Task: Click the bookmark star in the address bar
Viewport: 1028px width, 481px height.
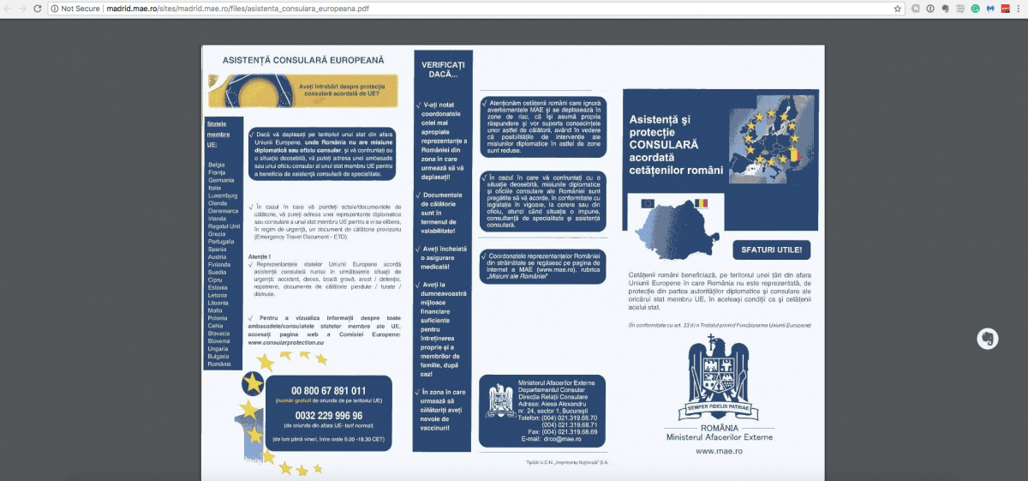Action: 898,9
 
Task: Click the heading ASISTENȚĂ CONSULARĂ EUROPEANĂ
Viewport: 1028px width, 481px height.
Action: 303,61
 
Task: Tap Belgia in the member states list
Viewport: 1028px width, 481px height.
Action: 217,165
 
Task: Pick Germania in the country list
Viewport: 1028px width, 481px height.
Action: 221,180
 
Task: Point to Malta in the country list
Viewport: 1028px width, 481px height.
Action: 216,310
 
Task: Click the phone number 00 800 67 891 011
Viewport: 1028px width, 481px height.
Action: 328,391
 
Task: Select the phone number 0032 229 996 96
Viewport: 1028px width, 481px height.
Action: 328,415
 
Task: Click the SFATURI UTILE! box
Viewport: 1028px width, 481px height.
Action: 771,250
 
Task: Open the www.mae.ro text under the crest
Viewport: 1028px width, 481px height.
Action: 719,450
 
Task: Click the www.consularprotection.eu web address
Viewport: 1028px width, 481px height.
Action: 286,342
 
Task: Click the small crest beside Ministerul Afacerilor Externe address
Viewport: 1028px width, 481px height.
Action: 499,400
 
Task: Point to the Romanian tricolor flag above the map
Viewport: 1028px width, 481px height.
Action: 702,203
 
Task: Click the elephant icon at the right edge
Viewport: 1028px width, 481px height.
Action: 987,339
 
